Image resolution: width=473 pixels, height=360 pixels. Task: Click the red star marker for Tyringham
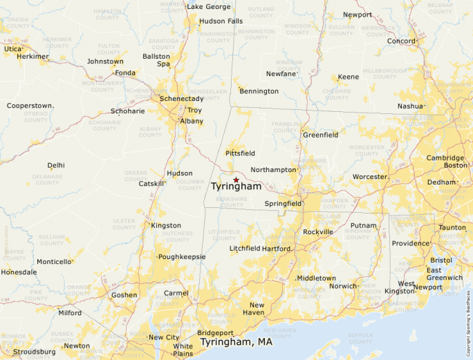(x=236, y=180)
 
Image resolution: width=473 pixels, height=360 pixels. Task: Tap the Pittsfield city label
(x=240, y=153)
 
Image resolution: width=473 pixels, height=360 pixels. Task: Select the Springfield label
(x=283, y=204)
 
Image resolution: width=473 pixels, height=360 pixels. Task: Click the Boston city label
(x=456, y=165)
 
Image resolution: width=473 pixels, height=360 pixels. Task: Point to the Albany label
(x=192, y=121)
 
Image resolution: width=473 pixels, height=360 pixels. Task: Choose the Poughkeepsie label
(x=182, y=256)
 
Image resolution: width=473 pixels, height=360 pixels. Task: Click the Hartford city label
(x=277, y=249)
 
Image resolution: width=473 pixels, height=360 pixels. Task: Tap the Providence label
(x=411, y=243)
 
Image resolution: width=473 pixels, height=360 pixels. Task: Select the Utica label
(x=13, y=49)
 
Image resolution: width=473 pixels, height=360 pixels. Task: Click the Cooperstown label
(x=30, y=106)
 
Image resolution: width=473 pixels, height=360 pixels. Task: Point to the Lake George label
(x=208, y=7)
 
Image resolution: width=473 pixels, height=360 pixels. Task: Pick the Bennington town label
(x=259, y=91)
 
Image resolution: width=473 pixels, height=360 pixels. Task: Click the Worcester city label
(x=370, y=177)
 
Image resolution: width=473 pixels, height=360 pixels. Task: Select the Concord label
(x=401, y=41)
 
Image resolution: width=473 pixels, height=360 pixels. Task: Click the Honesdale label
(x=19, y=272)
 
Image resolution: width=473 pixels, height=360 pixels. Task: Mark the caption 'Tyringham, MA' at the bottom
(x=236, y=342)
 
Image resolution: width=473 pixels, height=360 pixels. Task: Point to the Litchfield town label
(x=245, y=249)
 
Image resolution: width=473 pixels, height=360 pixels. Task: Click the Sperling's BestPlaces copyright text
(x=468, y=317)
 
